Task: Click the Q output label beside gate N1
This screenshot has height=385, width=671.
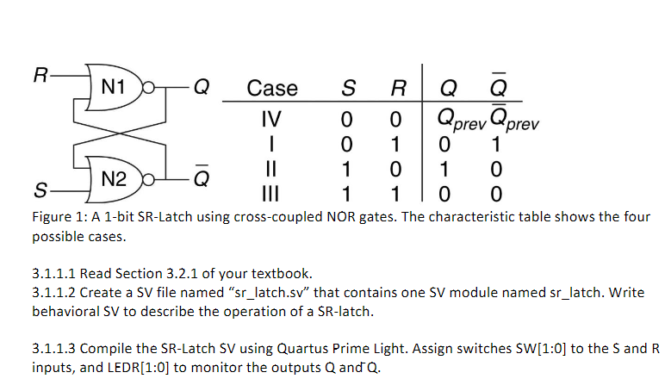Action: coord(200,88)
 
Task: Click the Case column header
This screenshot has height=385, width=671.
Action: coord(271,88)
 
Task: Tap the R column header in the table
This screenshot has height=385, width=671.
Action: coord(397,88)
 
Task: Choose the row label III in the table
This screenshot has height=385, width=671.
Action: coord(271,190)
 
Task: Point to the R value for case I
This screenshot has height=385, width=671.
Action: coord(397,141)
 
